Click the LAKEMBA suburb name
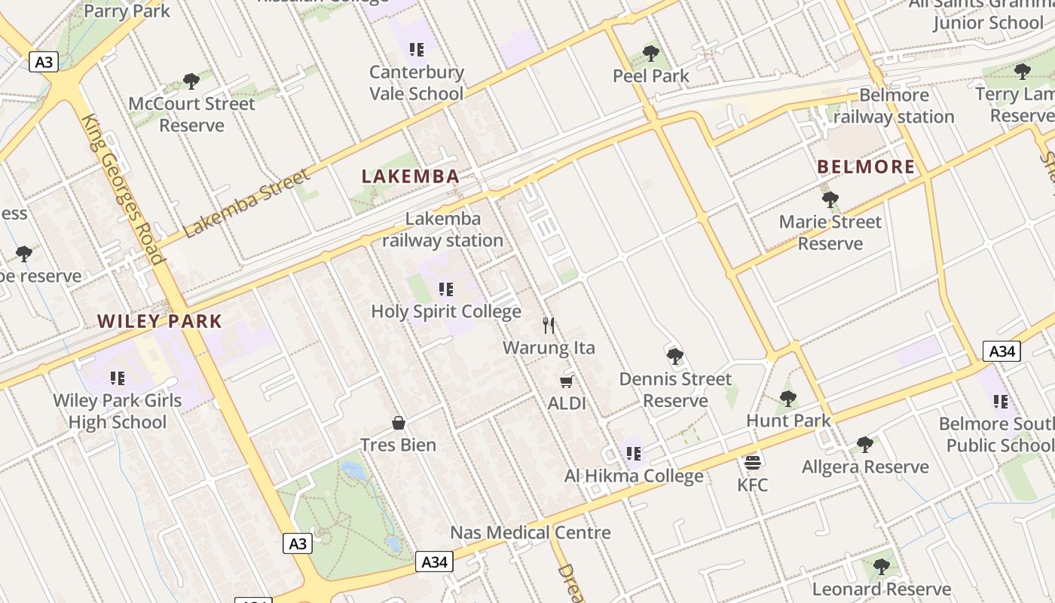coord(410,176)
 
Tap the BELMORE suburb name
coord(866,167)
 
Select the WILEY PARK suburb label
coord(160,321)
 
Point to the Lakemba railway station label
coord(442,230)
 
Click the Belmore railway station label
coord(894,106)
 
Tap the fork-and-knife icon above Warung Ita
coord(549,326)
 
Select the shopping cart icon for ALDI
coord(567,381)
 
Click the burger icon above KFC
coord(752,462)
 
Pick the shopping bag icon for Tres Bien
coord(399,423)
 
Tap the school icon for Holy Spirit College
coord(445,289)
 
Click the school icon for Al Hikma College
coord(634,454)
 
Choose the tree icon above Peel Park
coord(651,54)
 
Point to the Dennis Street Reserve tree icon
coord(675,357)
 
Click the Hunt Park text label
coord(788,421)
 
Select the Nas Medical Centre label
coord(530,533)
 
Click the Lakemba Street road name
coord(246,204)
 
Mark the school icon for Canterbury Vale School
coord(416,50)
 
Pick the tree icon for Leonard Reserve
coord(881,567)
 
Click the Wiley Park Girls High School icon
coord(118,378)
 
